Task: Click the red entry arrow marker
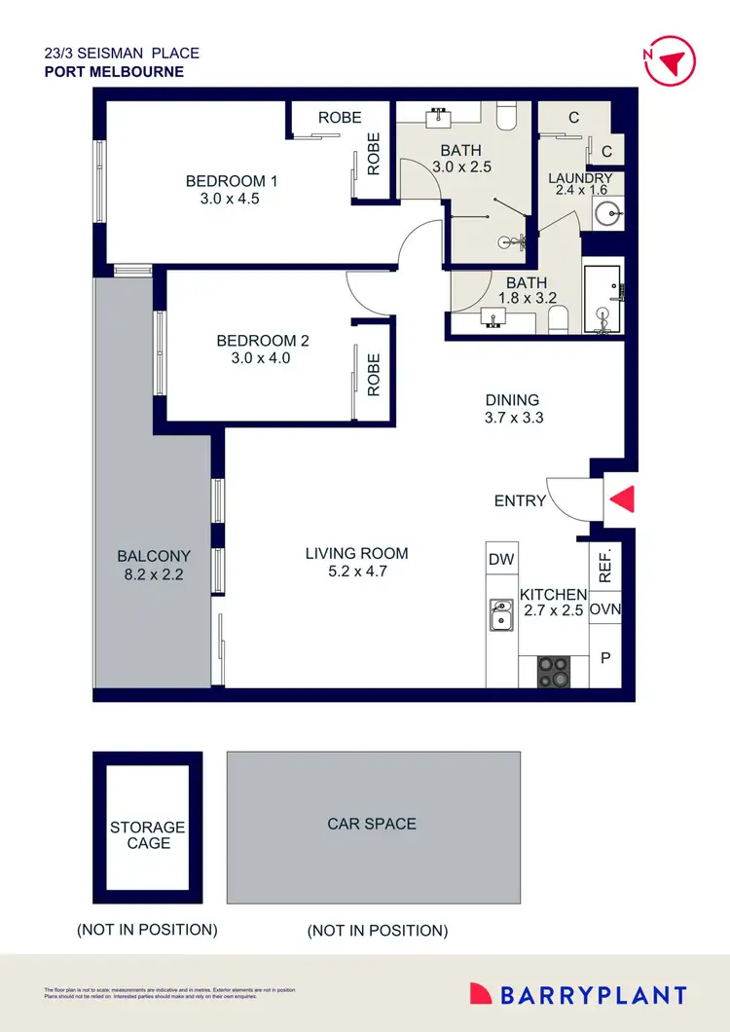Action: pyautogui.click(x=623, y=499)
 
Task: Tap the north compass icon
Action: pyautogui.click(x=672, y=61)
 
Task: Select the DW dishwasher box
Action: pyautogui.click(x=501, y=560)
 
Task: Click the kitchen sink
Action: pyautogui.click(x=501, y=615)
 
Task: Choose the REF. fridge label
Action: pyautogui.click(x=604, y=565)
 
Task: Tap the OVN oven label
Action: pyautogui.click(x=605, y=610)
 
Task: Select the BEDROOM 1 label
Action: pyautogui.click(x=233, y=181)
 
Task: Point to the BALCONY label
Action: pyautogui.click(x=154, y=556)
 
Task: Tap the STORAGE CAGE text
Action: pyautogui.click(x=147, y=835)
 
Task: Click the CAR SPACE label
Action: pyautogui.click(x=372, y=824)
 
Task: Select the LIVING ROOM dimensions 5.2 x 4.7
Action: pyautogui.click(x=357, y=571)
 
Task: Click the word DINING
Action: pyautogui.click(x=512, y=400)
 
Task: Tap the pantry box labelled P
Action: pyautogui.click(x=605, y=659)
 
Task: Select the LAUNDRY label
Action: pyautogui.click(x=580, y=178)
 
